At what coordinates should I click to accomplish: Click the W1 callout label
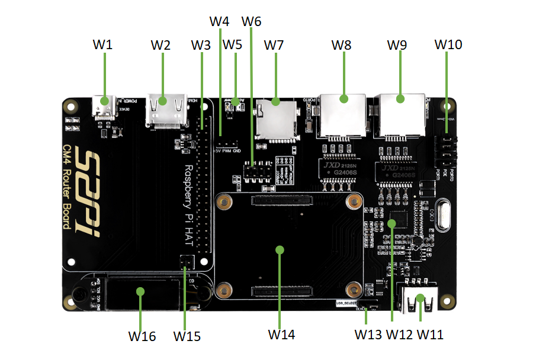click(x=103, y=45)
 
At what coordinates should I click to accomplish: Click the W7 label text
click(x=274, y=45)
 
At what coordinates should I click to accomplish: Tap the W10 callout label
click(x=448, y=45)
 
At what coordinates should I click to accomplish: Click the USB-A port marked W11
click(x=420, y=300)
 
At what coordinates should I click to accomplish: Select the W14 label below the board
click(x=281, y=334)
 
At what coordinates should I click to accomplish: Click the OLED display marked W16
click(x=140, y=291)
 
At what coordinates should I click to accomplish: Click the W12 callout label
click(x=400, y=334)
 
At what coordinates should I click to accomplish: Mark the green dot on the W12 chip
click(x=392, y=223)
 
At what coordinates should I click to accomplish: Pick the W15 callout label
click(x=187, y=336)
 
